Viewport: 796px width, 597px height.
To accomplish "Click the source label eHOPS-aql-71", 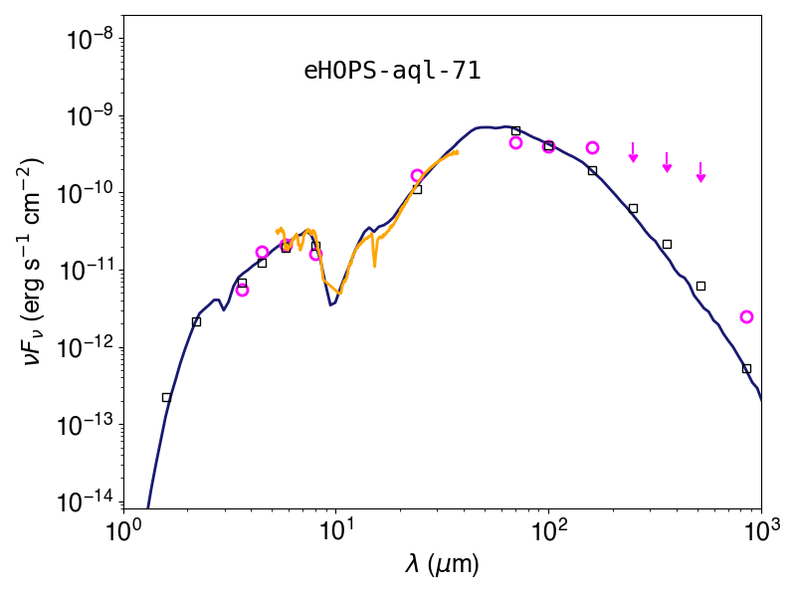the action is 392,71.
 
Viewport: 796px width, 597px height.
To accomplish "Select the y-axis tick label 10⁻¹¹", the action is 88,271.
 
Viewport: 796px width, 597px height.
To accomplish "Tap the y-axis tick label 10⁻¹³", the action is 88,426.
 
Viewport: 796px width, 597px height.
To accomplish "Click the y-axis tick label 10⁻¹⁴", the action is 88,502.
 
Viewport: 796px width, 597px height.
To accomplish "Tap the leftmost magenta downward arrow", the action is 633,152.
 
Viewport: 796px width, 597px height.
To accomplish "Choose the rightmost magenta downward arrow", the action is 701,172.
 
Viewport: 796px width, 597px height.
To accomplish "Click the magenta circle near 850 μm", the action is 746,316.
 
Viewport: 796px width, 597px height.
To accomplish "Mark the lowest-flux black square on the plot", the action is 166,397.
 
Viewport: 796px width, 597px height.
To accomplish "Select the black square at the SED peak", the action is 515,131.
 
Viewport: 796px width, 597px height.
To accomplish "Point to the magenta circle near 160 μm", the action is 592,147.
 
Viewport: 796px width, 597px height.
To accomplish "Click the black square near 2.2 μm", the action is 196,321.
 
